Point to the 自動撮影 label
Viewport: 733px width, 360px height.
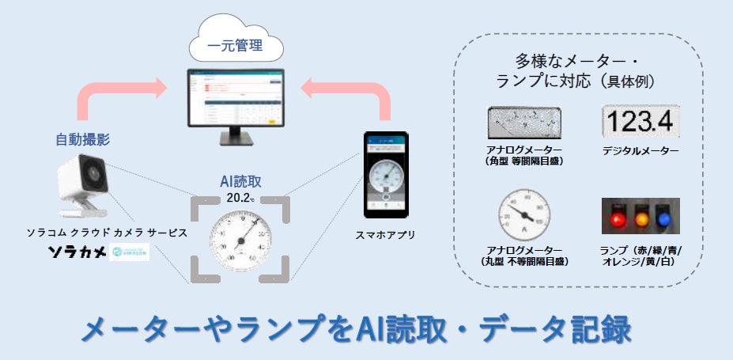tap(82, 140)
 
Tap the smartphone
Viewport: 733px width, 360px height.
tap(386, 176)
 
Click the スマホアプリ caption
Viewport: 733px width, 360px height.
tap(385, 235)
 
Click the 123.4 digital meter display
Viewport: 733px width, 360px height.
tap(640, 123)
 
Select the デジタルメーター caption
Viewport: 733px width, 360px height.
tap(640, 150)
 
